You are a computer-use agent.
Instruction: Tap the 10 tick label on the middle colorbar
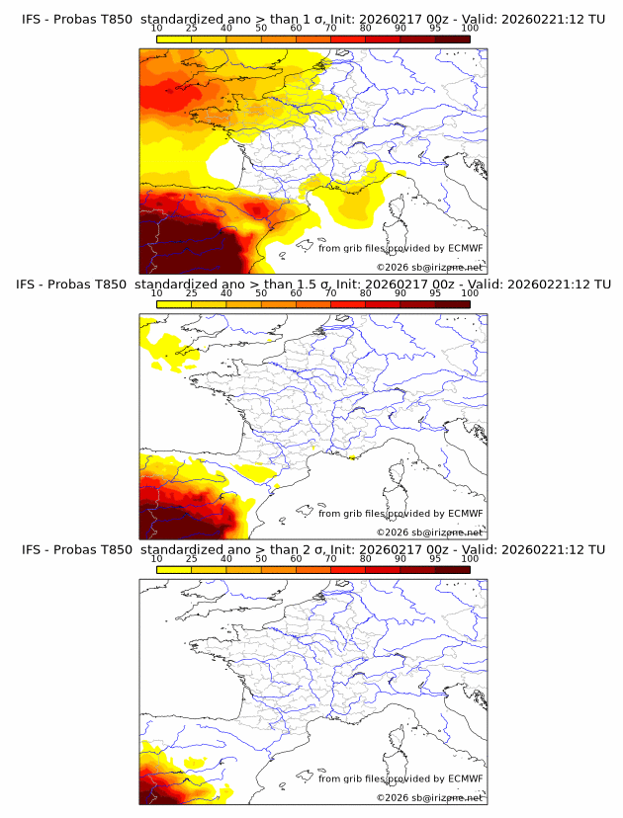pos(157,293)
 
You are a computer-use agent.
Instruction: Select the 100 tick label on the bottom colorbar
pos(470,559)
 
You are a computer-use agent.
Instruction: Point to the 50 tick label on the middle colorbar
pos(261,293)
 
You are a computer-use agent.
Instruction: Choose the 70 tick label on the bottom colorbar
pos(330,559)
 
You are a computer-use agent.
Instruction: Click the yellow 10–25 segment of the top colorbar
pos(174,39)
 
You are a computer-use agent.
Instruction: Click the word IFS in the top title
pos(33,19)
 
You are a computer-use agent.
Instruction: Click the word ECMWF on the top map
pos(466,249)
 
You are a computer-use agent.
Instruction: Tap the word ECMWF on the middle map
pos(466,514)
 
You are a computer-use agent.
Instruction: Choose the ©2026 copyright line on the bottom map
pos(430,797)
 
